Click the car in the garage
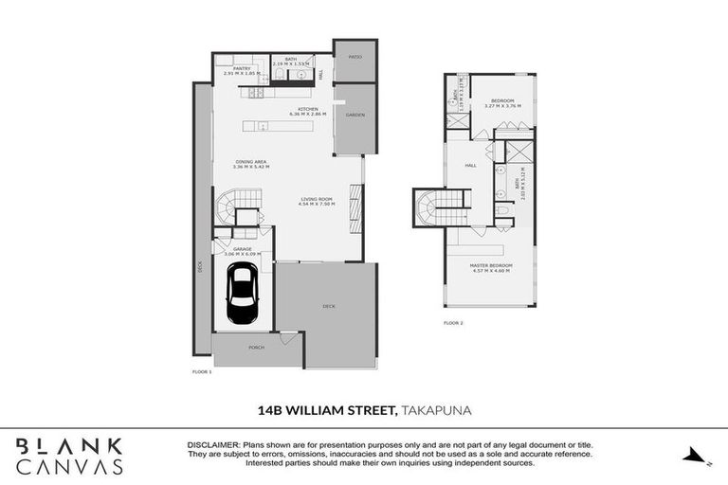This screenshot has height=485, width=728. [x=243, y=295]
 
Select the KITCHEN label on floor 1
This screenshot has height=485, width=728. [x=308, y=109]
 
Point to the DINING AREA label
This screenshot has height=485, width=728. [x=251, y=162]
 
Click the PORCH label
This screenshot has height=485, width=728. [x=256, y=348]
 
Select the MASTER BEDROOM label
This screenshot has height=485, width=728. [x=491, y=265]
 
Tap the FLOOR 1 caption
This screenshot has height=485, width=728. [x=203, y=372]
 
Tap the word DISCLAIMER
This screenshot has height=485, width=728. [x=213, y=444]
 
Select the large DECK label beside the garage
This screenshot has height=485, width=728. [x=328, y=306]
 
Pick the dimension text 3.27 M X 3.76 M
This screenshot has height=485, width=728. [x=502, y=106]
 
